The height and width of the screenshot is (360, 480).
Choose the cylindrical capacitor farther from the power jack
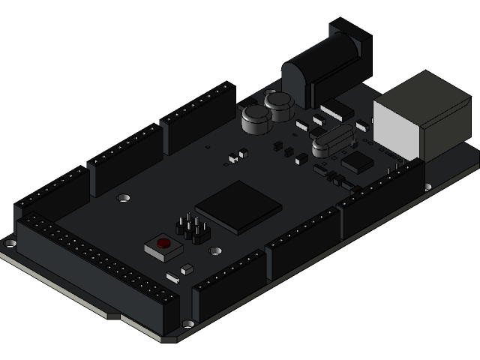[256, 119]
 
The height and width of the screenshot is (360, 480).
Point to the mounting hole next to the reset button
[215, 252]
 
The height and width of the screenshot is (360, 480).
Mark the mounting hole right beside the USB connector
[428, 186]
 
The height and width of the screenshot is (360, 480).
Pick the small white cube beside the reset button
[187, 268]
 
